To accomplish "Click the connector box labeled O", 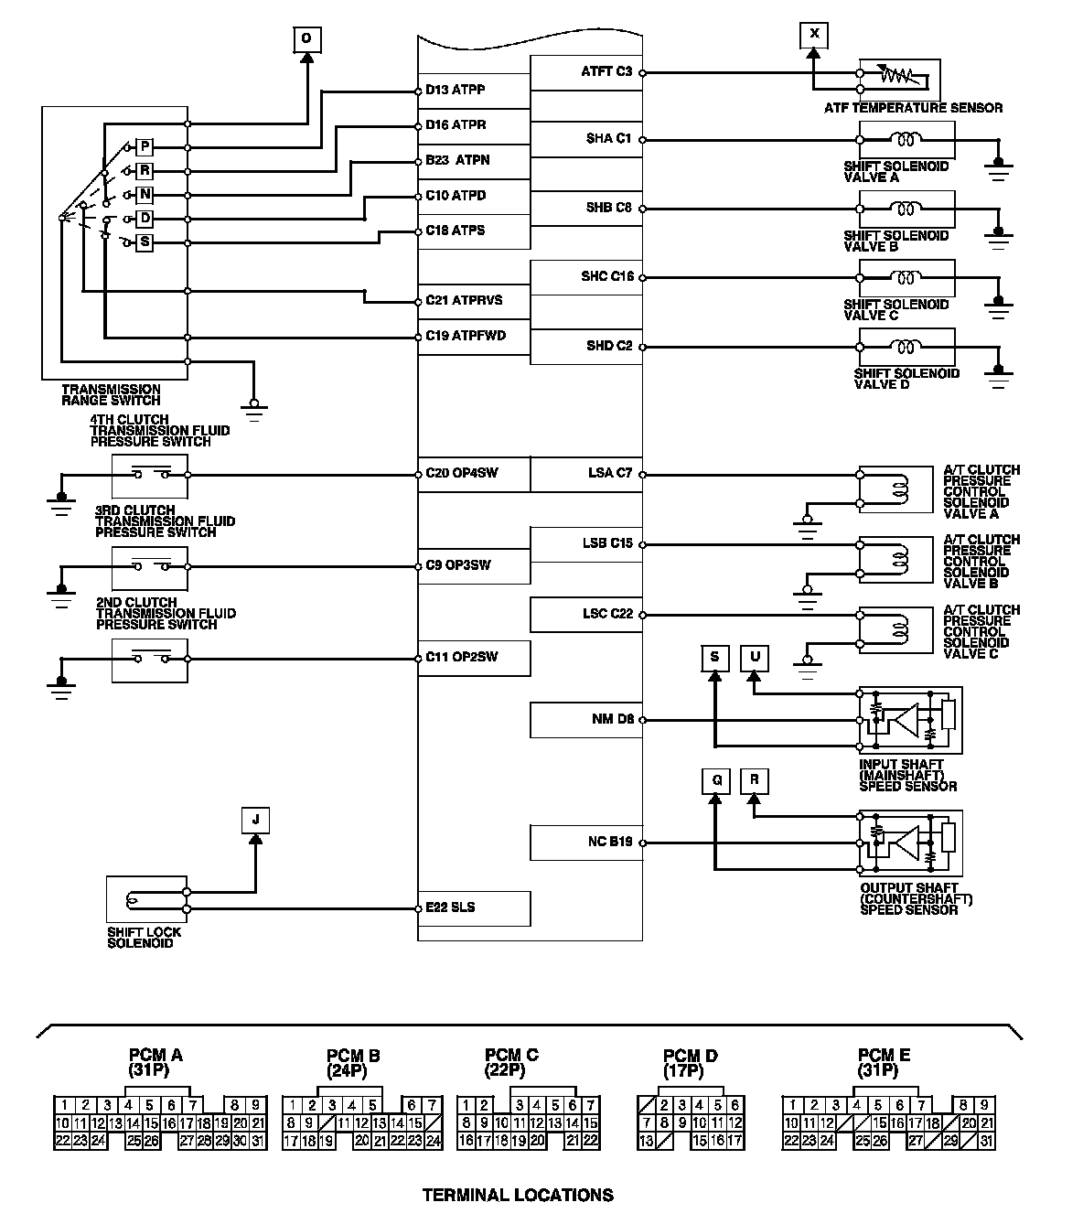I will pos(306,38).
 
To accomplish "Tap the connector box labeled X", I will pos(813,36).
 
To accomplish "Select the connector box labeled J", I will pos(255,820).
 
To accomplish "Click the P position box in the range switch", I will pos(145,147).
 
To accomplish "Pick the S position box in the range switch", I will pos(145,242).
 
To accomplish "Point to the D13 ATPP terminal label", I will pos(456,90).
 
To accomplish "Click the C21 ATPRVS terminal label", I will pos(464,300).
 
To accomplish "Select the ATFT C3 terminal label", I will pos(607,70).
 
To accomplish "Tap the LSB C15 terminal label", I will pos(607,543).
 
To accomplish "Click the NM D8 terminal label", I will pos(613,719).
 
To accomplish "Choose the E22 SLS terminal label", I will pos(450,907).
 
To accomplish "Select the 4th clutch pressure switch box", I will pos(149,475).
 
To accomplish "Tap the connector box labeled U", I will pos(755,657).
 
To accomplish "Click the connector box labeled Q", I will pos(716,780).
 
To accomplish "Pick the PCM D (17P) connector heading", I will pos(690,1062).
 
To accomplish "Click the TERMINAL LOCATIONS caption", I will pos(518,1195).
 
